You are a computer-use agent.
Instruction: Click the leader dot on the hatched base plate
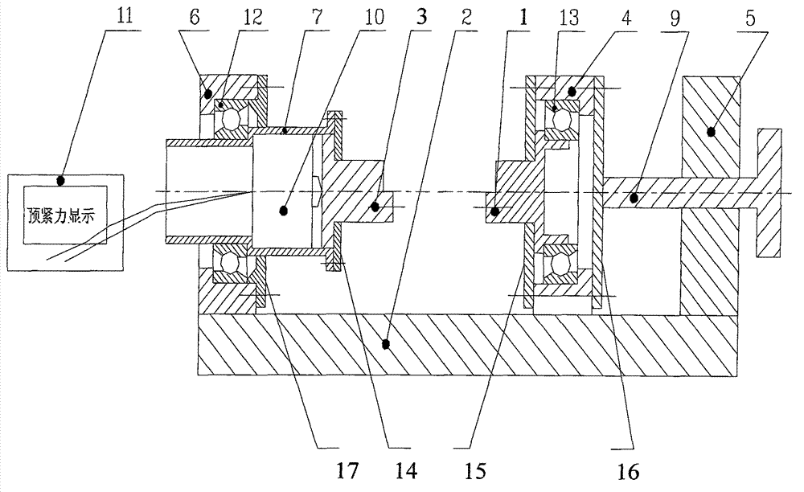point(387,344)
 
